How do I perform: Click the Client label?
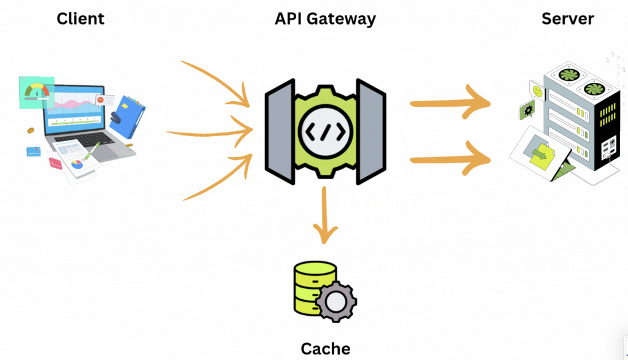(80, 19)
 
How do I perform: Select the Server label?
(567, 19)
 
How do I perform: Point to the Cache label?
(325, 349)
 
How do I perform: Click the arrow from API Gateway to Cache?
(326, 215)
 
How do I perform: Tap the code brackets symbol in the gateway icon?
(326, 133)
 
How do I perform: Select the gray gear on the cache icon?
(336, 302)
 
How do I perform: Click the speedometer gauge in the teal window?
(37, 91)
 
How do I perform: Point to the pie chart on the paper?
(77, 164)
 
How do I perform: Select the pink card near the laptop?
(56, 163)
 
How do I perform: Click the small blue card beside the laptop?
(33, 151)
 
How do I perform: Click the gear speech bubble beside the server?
(527, 111)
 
